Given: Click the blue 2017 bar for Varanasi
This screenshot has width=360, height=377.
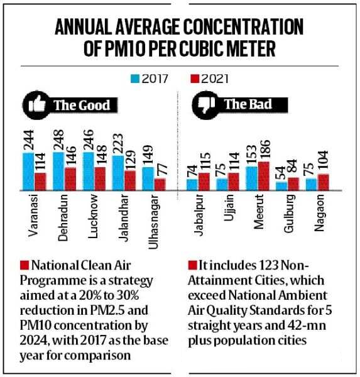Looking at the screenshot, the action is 28,172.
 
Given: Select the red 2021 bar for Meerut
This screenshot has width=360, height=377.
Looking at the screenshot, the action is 264,176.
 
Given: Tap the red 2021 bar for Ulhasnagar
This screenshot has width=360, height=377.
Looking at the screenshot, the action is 160,184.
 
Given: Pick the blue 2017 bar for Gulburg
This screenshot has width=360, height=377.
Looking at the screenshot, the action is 281,186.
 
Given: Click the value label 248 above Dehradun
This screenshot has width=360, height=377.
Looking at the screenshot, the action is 58,140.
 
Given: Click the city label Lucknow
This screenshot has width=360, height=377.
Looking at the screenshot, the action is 93,216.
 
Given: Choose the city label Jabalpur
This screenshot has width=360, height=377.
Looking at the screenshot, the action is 199,215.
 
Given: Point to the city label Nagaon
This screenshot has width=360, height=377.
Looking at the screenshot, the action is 319,213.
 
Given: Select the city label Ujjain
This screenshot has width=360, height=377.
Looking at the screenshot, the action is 229,208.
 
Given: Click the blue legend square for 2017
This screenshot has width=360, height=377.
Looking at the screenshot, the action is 135,79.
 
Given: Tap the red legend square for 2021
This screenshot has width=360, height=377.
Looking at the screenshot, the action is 195,79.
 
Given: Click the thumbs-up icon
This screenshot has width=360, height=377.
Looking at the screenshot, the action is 37,105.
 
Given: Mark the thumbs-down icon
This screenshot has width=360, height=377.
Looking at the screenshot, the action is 206,105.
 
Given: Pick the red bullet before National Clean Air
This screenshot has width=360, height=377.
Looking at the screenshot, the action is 25,265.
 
